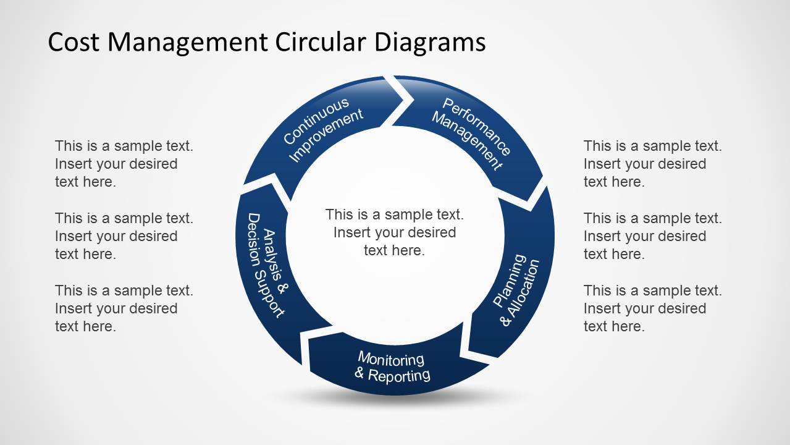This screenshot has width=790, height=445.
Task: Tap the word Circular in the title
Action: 321,43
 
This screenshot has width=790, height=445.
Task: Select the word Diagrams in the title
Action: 430,43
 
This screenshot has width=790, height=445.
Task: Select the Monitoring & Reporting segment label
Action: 392,367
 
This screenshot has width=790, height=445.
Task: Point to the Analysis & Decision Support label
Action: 267,265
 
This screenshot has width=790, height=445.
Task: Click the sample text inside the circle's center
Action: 394,232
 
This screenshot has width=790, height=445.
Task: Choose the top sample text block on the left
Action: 124,164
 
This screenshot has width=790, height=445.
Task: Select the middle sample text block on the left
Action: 124,236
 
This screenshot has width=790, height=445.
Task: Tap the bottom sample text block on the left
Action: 124,308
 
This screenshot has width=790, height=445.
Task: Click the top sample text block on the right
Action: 652,164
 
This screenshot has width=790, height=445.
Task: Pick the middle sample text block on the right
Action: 652,236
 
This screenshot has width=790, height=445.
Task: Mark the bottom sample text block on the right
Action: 652,308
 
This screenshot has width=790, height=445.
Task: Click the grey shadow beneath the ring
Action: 394,399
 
